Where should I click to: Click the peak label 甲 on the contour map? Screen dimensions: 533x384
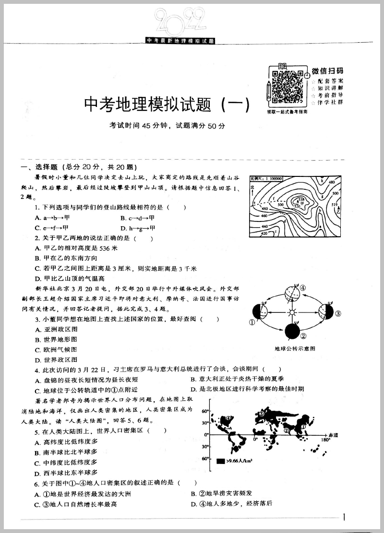302,203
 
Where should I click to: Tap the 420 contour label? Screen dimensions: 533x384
264,233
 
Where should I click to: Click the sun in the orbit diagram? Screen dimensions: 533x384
290,313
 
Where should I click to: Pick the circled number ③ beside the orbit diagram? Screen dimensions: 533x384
338,313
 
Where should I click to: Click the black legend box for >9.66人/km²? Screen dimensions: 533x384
220,461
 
